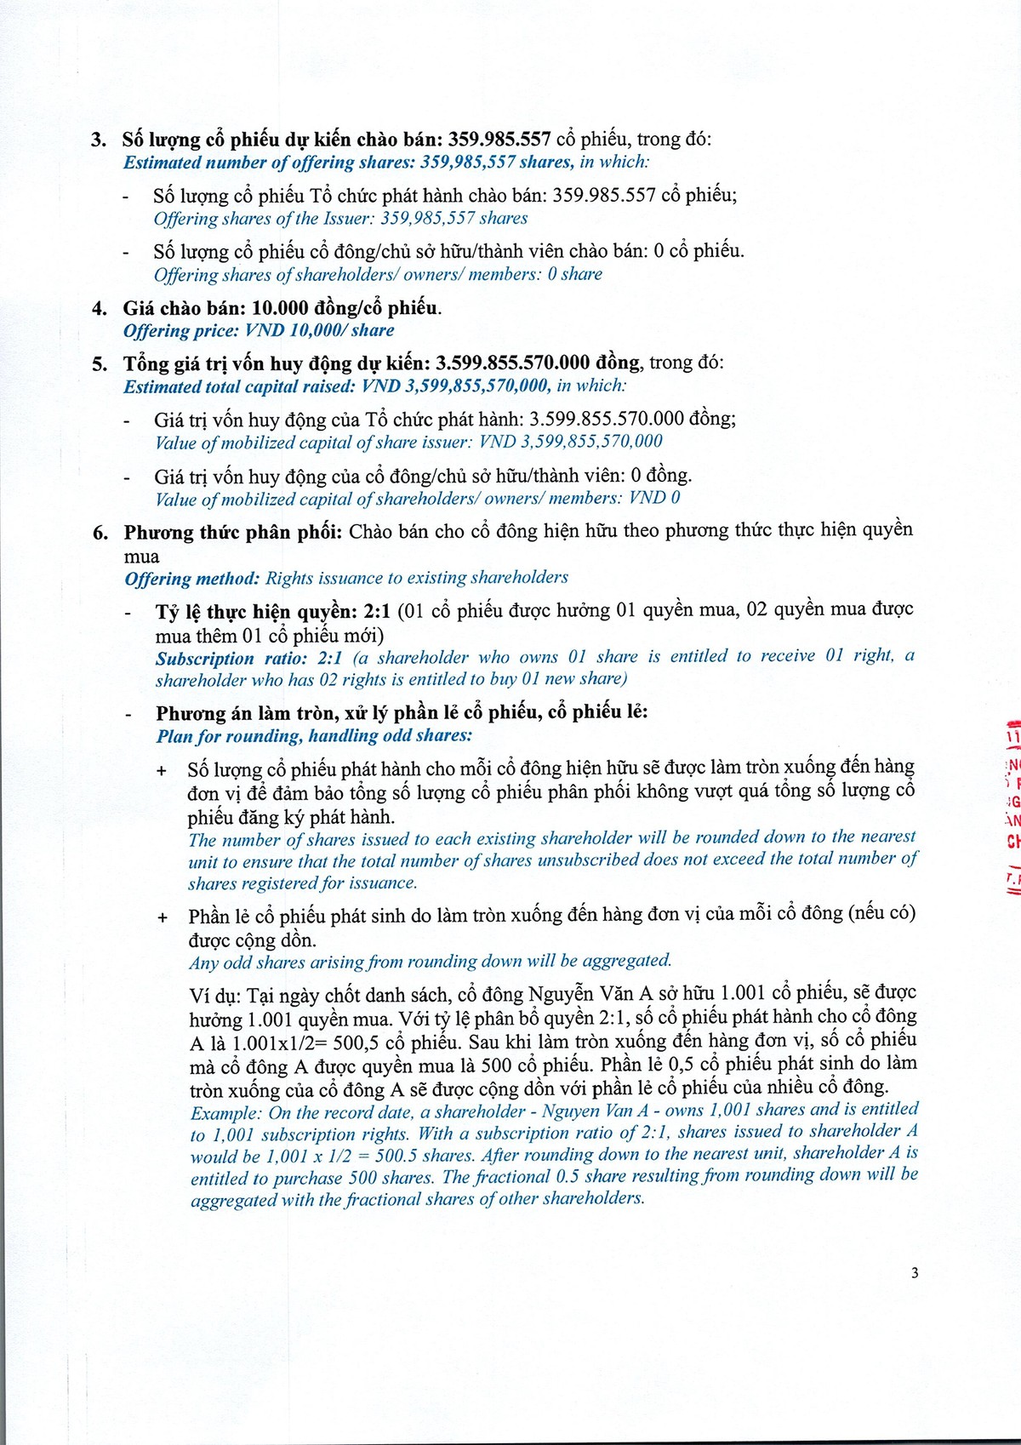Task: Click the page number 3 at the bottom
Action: [915, 1273]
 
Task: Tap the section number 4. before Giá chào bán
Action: [99, 308]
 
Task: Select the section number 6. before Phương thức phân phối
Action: [100, 534]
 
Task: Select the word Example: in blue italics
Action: [225, 1113]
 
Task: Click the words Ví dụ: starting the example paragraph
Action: [216, 995]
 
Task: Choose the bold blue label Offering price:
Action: [181, 331]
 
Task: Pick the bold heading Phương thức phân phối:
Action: [233, 533]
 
